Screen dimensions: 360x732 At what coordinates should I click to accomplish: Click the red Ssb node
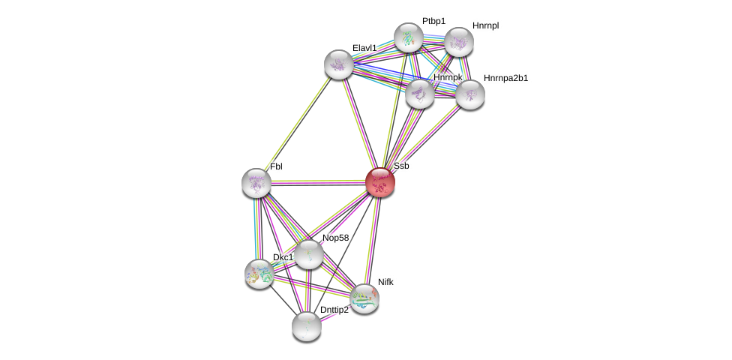(x=380, y=182)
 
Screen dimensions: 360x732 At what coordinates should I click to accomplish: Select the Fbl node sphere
(x=256, y=183)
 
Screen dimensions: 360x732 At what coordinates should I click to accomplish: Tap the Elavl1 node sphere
(x=339, y=64)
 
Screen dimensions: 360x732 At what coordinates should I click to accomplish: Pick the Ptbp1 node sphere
(x=409, y=37)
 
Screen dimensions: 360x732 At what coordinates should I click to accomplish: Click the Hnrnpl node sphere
(x=459, y=42)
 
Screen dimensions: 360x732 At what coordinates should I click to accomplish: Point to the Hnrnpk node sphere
(x=420, y=94)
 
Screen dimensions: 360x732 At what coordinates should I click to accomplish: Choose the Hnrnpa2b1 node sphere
(x=470, y=94)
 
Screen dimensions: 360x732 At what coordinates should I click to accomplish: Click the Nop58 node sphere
(x=308, y=254)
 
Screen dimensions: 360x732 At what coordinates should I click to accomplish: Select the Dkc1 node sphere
(x=259, y=274)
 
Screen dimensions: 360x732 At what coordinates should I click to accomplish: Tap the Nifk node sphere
(x=364, y=298)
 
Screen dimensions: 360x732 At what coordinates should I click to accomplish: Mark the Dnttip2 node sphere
(x=307, y=325)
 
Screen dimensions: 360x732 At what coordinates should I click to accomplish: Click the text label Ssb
(x=401, y=166)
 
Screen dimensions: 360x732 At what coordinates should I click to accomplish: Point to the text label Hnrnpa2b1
(x=505, y=78)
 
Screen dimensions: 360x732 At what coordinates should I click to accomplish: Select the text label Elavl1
(x=364, y=48)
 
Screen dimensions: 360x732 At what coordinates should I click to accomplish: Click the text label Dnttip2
(x=334, y=310)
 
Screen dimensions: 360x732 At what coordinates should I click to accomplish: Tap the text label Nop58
(x=335, y=238)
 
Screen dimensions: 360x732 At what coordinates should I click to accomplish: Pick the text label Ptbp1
(x=433, y=21)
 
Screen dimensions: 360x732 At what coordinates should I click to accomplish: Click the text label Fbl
(x=276, y=166)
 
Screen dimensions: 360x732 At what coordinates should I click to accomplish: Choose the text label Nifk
(x=385, y=282)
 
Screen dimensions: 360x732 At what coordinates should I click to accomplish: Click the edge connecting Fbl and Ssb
(x=318, y=182)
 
